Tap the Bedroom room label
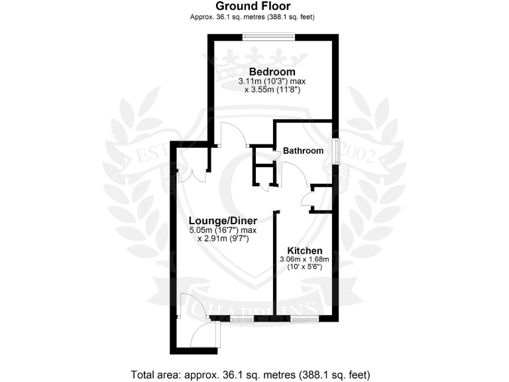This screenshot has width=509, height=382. pyautogui.click(x=272, y=72)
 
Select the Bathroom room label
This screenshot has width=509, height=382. pyautogui.click(x=304, y=151)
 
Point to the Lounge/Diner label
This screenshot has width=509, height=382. pyautogui.click(x=223, y=220)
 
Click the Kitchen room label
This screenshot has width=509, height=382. pyautogui.click(x=305, y=250)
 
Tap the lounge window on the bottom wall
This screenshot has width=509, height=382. pyautogui.click(x=242, y=320)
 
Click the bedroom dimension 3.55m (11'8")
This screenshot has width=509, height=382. pyautogui.click(x=272, y=90)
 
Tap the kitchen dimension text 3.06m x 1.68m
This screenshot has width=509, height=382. pyautogui.click(x=305, y=259)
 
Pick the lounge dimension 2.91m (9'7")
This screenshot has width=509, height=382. pyautogui.click(x=223, y=239)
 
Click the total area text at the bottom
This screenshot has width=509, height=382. pyautogui.click(x=254, y=373)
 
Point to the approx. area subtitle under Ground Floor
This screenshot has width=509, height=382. pyautogui.click(x=254, y=17)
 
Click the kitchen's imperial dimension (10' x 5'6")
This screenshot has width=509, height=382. pyautogui.click(x=305, y=267)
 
